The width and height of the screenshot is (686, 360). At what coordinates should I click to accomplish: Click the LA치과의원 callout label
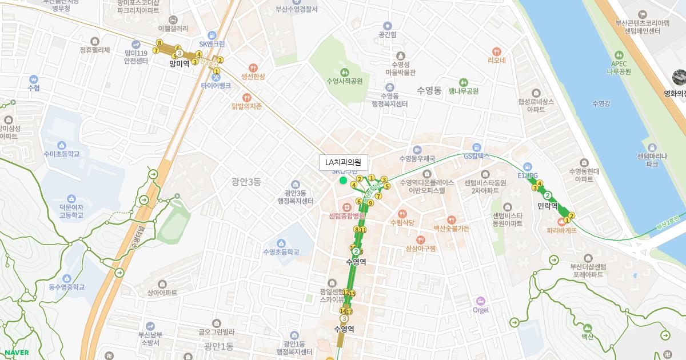coord(344,162)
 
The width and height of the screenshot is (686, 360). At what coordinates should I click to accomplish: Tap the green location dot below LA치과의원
coord(343,181)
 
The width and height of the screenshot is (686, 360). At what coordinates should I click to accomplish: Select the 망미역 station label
coord(179,64)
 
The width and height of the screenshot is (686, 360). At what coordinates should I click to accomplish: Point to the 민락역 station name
coord(548,205)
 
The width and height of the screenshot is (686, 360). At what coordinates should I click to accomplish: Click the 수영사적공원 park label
coord(344,81)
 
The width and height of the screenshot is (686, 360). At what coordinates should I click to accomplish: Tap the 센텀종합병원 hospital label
coord(347,216)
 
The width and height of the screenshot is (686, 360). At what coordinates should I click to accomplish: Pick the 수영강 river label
coord(601,103)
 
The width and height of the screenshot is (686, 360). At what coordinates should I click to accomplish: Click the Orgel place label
coord(481,310)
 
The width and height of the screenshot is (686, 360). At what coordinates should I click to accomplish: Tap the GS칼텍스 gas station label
coord(477,155)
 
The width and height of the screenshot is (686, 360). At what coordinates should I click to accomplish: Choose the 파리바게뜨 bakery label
coord(561,230)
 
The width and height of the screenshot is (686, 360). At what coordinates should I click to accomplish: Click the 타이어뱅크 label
coord(216,85)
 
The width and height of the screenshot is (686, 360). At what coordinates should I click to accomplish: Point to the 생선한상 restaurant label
coord(253,76)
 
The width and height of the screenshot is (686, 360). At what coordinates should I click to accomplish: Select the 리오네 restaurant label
coord(496,59)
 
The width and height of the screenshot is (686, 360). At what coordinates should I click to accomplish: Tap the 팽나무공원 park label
coord(463,91)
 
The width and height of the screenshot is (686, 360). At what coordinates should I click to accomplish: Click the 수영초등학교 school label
coord(281,251)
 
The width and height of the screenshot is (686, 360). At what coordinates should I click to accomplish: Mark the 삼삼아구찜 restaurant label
coord(421,248)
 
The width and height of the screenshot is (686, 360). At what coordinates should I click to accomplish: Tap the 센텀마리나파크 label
coord(652,159)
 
